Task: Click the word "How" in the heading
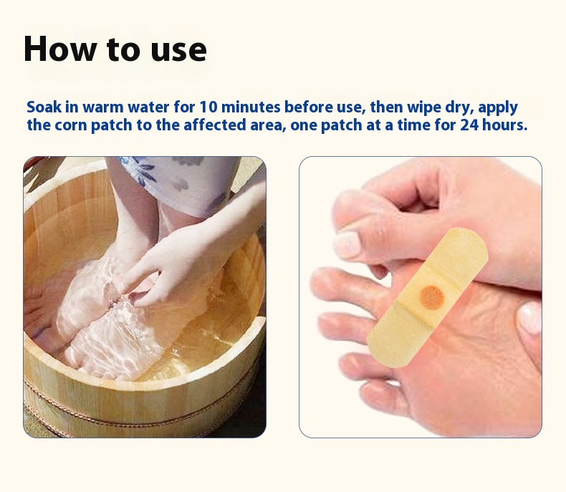60,49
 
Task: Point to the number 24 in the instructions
469,125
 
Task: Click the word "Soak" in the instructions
44,107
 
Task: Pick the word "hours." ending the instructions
504,125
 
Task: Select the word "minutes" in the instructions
251,107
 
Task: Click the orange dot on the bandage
431,298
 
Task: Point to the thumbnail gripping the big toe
346,244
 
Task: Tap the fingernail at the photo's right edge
530,317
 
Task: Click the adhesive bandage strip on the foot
428,298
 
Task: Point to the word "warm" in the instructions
103,108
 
